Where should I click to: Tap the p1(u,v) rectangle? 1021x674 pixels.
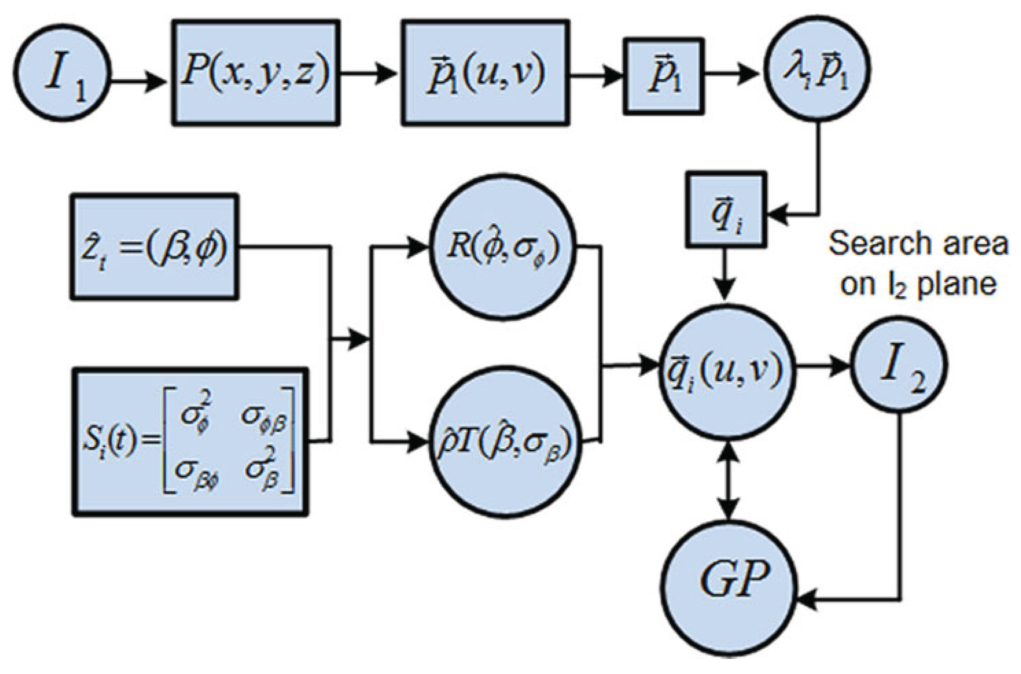pyautogui.click(x=486, y=73)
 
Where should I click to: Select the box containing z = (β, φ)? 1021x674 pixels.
pyautogui.click(x=154, y=247)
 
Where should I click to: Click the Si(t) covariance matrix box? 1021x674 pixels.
pyautogui.click(x=189, y=442)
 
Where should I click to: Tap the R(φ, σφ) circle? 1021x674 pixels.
pyautogui.click(x=502, y=248)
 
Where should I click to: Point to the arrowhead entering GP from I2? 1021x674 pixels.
pyautogui.click(x=808, y=599)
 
